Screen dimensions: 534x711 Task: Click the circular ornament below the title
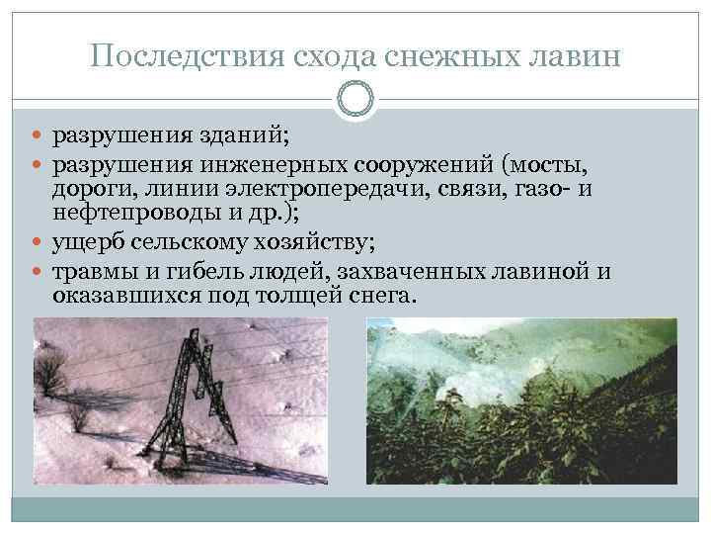355,100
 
